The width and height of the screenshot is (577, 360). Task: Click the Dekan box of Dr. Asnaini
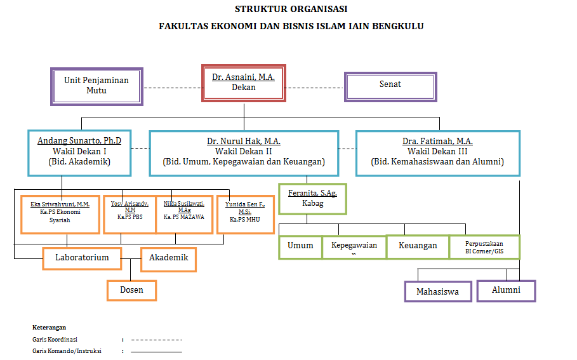(243, 83)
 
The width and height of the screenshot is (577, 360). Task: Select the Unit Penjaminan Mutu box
(96, 86)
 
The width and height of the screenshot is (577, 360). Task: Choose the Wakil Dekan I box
(79, 153)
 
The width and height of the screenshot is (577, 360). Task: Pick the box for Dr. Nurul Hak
(244, 153)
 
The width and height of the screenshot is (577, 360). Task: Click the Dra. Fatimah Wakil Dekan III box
(438, 153)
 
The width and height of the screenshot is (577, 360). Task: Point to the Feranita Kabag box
(313, 199)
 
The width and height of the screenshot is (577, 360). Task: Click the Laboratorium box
(82, 258)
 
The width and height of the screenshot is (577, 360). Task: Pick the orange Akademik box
(168, 258)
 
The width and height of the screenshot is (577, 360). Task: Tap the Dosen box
(131, 290)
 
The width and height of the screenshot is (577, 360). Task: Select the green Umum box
(300, 246)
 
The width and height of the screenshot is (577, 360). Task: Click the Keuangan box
(417, 246)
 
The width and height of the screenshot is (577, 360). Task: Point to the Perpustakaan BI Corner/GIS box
(484, 247)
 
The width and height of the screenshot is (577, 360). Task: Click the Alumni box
(506, 290)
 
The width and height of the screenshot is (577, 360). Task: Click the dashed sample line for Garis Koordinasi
(156, 340)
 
